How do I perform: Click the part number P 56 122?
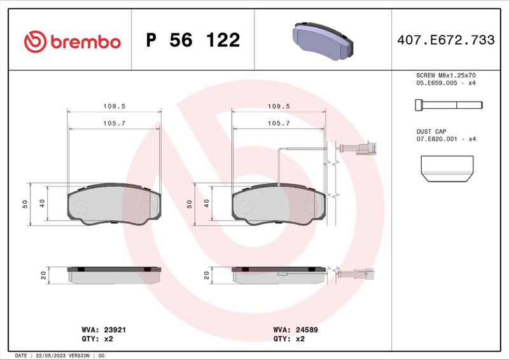coord(193,41)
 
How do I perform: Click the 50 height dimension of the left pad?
coord(25,204)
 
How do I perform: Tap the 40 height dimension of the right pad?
coord(207,204)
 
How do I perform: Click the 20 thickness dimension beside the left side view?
coord(43,275)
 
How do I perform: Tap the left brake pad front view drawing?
coord(115,204)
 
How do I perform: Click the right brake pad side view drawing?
coord(280,275)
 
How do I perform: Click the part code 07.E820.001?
coord(438,138)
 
